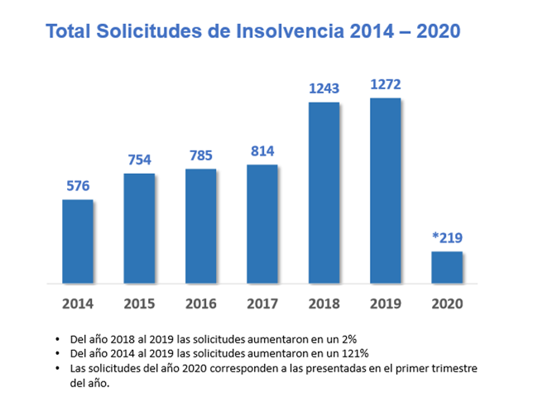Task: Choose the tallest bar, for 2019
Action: point(385,191)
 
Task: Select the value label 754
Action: point(139,160)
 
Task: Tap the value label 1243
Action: point(324,89)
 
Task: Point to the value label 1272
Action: point(385,85)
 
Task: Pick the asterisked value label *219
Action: point(446,238)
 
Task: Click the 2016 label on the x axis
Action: point(200,303)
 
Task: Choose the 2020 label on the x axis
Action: point(446,303)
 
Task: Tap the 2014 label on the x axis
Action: point(77,303)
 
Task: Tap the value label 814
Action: point(262,151)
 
